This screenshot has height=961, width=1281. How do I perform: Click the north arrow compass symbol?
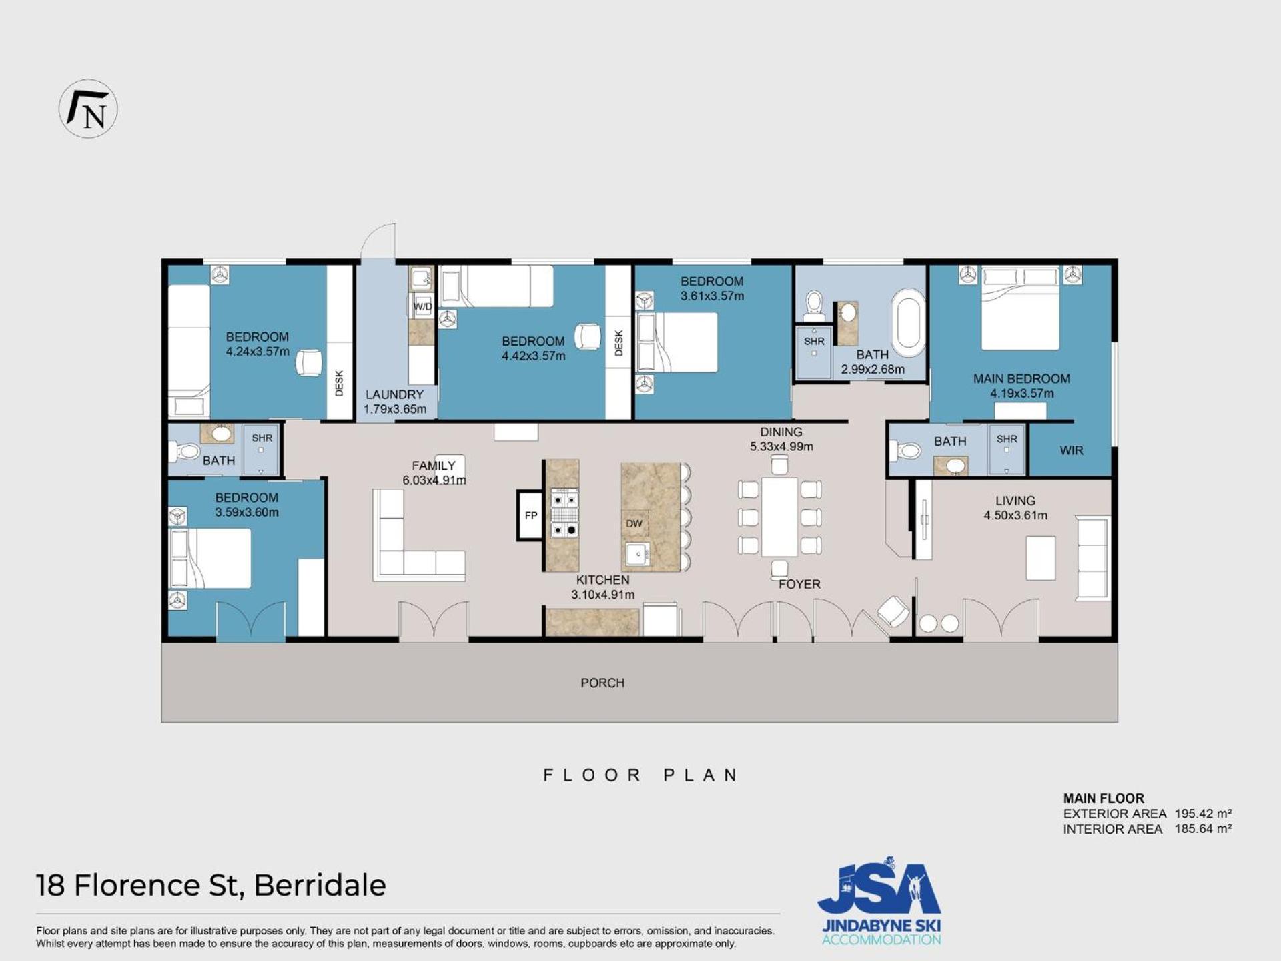[x=88, y=109]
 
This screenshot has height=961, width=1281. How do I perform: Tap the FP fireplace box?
[x=531, y=515]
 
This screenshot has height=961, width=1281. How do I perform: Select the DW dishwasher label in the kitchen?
[x=634, y=523]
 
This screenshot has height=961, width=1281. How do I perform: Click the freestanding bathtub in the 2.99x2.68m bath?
[x=909, y=325]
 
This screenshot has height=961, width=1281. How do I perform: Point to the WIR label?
[x=1072, y=450]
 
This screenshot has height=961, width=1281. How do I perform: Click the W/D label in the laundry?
[x=423, y=306]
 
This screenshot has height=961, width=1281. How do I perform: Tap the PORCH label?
[x=602, y=683]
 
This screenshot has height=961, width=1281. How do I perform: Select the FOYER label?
[x=799, y=584]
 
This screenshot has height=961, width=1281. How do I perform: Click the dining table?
[x=779, y=517]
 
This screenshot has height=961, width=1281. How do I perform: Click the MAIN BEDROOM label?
[x=1021, y=379]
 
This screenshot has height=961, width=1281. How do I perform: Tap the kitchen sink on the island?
[x=638, y=554]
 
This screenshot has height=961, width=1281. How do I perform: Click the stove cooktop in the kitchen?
[x=564, y=514]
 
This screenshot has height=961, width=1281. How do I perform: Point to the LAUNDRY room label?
[x=394, y=394]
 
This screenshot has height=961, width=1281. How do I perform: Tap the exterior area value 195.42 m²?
[x=1203, y=814]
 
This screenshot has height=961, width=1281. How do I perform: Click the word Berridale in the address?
[x=320, y=886]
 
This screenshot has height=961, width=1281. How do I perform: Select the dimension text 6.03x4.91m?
[x=434, y=480]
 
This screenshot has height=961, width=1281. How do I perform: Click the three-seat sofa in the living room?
[x=1093, y=557]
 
